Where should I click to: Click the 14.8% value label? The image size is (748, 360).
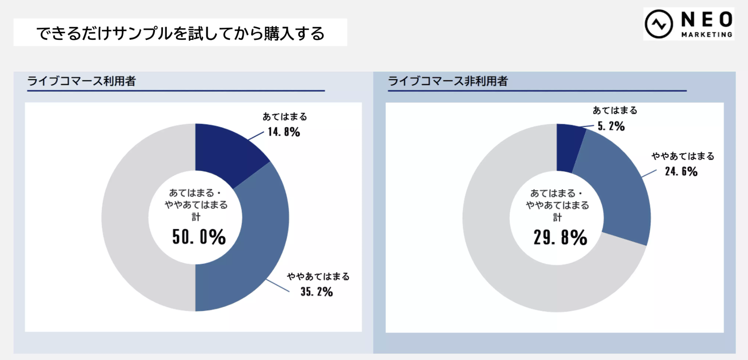[284, 132]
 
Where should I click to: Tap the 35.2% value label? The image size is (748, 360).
[316, 292]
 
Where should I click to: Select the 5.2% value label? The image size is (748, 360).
[611, 126]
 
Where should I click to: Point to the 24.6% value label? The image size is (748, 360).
[681, 172]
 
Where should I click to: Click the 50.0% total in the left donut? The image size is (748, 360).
[199, 237]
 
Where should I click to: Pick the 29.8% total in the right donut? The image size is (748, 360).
[560, 237]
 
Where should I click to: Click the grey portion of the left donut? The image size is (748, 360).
[129, 217]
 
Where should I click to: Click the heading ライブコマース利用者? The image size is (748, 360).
[81, 81]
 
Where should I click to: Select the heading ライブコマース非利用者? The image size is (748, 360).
[447, 81]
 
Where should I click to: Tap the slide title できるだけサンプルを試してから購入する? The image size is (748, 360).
[180, 33]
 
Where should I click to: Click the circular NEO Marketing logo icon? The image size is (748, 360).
[659, 24]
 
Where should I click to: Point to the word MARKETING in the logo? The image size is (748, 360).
[707, 35]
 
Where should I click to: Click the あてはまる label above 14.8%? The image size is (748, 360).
[285, 117]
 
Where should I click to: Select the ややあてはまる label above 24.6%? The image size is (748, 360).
[683, 156]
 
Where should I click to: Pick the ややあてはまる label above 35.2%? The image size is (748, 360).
[318, 277]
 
